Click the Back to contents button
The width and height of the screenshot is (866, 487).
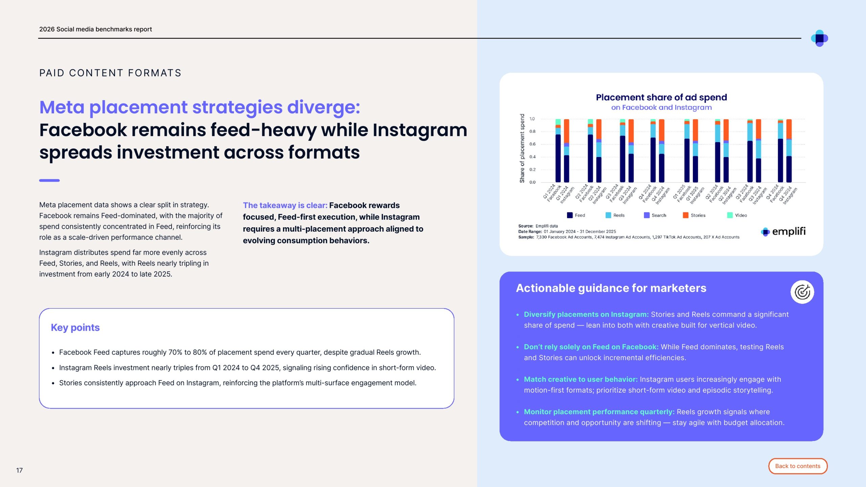798,466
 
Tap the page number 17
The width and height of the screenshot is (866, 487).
20,470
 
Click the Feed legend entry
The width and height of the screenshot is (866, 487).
576,215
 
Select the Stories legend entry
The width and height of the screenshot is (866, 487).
694,215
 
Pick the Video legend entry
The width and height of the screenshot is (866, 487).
737,215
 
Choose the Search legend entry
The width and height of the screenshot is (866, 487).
655,215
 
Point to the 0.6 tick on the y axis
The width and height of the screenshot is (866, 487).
532,144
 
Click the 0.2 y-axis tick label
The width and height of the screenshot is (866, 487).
532,169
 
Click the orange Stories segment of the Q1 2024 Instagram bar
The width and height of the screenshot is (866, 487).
567,131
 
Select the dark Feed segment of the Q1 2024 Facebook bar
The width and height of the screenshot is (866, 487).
558,158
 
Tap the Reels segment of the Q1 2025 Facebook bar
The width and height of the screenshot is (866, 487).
687,131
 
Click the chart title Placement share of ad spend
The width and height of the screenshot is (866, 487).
661,97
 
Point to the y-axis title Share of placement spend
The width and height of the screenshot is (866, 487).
522,148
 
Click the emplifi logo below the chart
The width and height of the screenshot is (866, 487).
783,231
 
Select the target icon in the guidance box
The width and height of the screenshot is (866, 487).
802,292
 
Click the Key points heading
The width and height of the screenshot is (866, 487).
75,327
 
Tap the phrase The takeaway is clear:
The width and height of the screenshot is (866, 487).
285,205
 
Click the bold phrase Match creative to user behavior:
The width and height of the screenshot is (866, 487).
580,379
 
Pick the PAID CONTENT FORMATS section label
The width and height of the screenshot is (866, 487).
110,73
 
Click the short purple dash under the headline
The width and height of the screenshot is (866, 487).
49,181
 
